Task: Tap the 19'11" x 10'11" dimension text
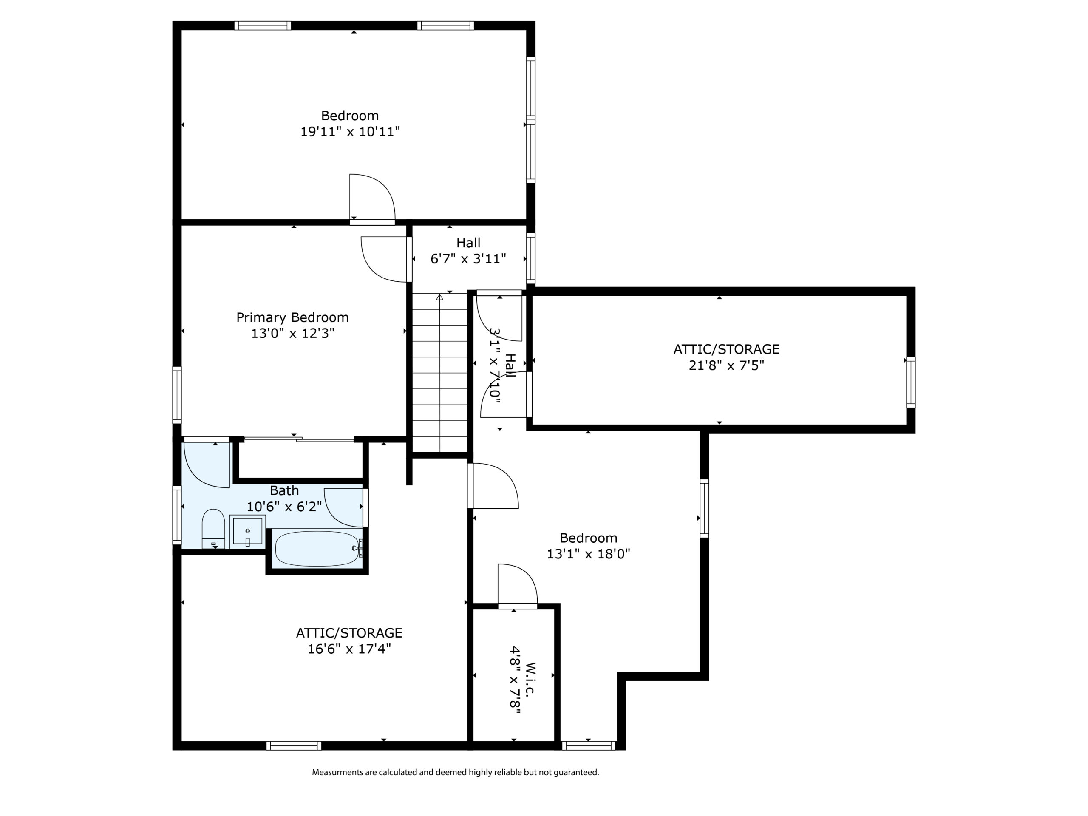(350, 132)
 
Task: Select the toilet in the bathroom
(213, 529)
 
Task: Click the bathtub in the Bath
(317, 548)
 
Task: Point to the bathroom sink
(247, 531)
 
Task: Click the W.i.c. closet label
(530, 679)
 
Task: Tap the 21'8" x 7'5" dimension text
(726, 365)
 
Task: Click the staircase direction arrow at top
(440, 297)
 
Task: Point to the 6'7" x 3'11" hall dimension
(468, 259)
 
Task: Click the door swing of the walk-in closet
(518, 584)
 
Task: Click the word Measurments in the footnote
(337, 772)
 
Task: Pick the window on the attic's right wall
(911, 382)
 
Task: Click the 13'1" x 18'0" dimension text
(588, 554)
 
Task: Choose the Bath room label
(284, 491)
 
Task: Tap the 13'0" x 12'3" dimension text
(293, 334)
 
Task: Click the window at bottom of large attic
(294, 746)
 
